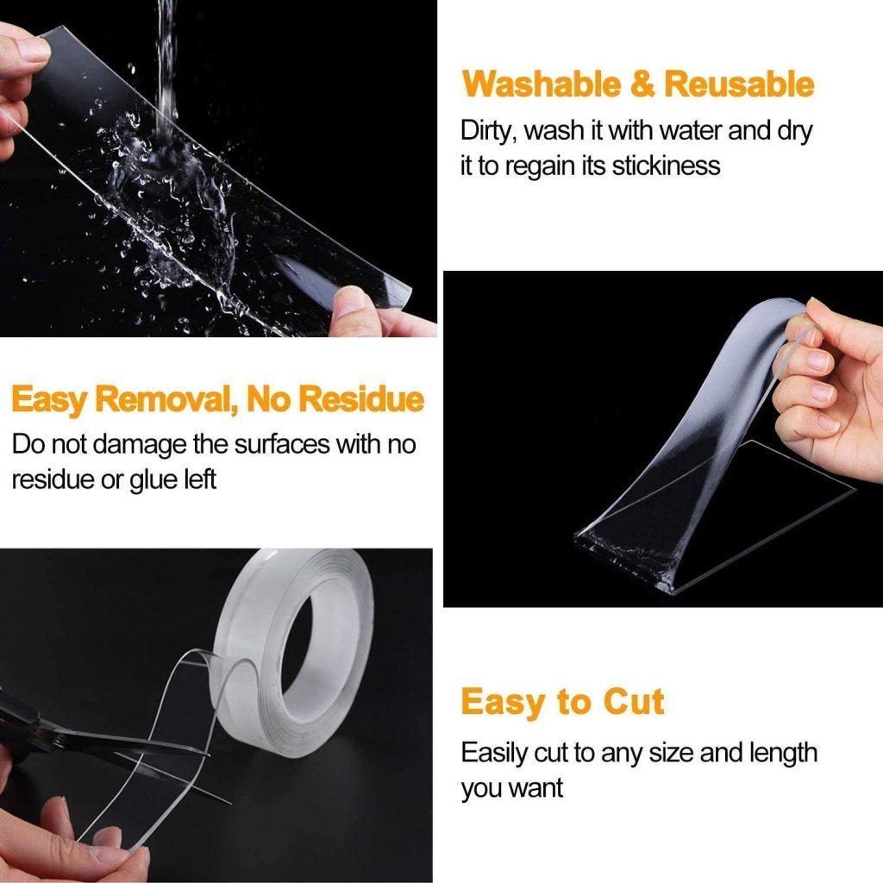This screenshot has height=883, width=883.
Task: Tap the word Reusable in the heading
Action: point(739,85)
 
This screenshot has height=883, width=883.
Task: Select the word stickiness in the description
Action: point(665,166)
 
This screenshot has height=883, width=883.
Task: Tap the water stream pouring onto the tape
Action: point(166,69)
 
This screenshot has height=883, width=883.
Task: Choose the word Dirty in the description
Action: point(488,131)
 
